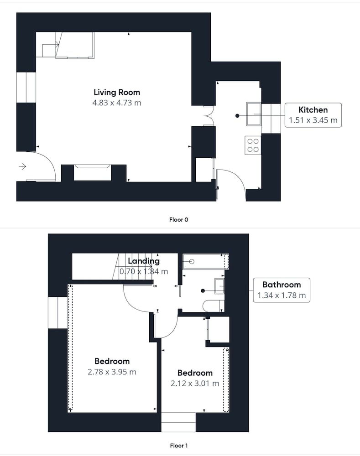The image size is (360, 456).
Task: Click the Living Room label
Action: [x=117, y=92]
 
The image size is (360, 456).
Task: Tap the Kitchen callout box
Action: [x=313, y=115]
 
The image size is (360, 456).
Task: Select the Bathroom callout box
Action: [x=282, y=290]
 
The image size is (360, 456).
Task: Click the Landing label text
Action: [x=144, y=261]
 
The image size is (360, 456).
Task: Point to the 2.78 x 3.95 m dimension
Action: [x=112, y=372]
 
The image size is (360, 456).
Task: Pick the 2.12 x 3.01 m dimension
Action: [x=195, y=383]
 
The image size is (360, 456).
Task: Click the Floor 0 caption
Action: [x=179, y=220]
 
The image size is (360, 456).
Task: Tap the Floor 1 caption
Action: [x=179, y=446]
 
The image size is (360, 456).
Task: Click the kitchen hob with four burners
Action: [x=253, y=145]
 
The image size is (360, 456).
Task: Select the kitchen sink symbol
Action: [x=254, y=114]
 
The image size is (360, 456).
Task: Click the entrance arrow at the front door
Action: [x=22, y=166]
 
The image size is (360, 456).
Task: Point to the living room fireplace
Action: [x=93, y=172]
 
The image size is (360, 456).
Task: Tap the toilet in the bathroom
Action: [x=213, y=306]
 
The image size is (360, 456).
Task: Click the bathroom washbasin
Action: [x=219, y=286]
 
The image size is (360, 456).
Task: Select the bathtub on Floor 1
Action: [x=205, y=261]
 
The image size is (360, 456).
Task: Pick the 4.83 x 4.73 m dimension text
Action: [x=117, y=103]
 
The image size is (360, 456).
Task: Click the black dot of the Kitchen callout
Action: [x=237, y=116]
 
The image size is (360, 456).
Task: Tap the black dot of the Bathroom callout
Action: [x=203, y=290]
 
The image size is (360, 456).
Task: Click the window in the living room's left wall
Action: [x=26, y=87]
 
